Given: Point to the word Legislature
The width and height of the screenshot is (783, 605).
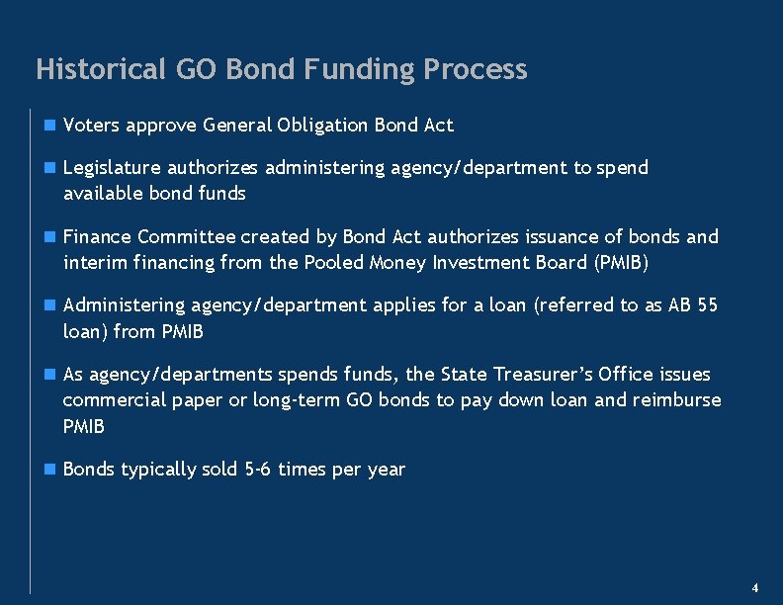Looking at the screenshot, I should click(112, 168).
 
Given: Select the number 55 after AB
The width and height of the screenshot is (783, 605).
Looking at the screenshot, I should click(707, 305).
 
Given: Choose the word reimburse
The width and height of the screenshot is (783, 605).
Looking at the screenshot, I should click(680, 400).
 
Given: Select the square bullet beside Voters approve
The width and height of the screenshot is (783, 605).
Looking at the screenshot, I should click(49, 126).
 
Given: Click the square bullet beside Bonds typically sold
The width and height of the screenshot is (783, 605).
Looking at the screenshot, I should click(49, 470).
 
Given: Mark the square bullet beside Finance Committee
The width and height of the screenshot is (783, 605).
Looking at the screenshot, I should click(49, 237).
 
